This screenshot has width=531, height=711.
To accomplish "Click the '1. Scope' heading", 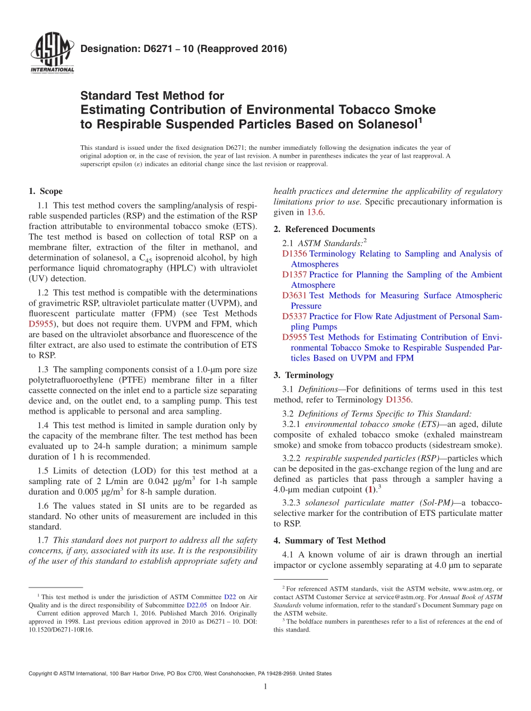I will [45, 191].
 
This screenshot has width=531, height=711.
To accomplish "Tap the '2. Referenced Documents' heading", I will [324, 229].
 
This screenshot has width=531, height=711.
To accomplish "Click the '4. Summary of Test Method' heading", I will [329, 541].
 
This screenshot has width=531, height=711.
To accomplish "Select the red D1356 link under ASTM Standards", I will [295, 254].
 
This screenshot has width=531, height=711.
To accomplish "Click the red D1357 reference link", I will [295, 274].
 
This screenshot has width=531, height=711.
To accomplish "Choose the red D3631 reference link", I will [295, 295].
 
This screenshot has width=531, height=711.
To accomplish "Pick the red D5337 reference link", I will [295, 316].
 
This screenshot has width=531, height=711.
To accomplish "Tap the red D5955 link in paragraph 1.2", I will [40, 323].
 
